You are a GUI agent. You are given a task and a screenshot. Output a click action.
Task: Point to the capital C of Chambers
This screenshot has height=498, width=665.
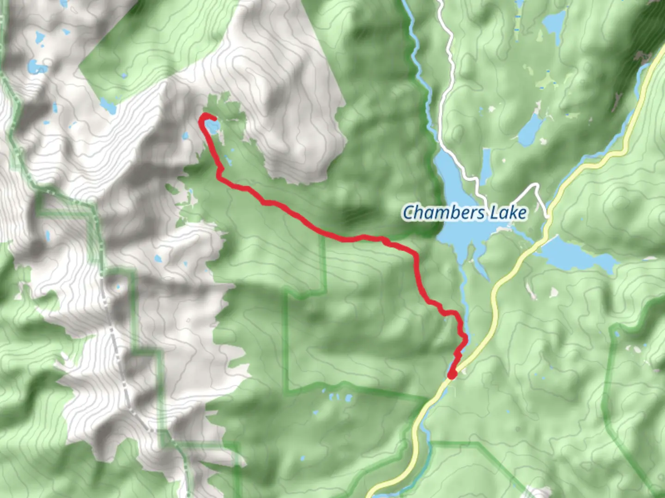point(408,213)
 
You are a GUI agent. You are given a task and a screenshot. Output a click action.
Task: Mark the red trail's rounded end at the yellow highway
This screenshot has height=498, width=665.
point(452,374)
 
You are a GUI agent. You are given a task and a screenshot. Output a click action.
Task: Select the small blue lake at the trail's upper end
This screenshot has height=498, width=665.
point(212,127)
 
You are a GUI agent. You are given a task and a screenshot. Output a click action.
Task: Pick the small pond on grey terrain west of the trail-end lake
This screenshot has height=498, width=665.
point(186,136)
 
